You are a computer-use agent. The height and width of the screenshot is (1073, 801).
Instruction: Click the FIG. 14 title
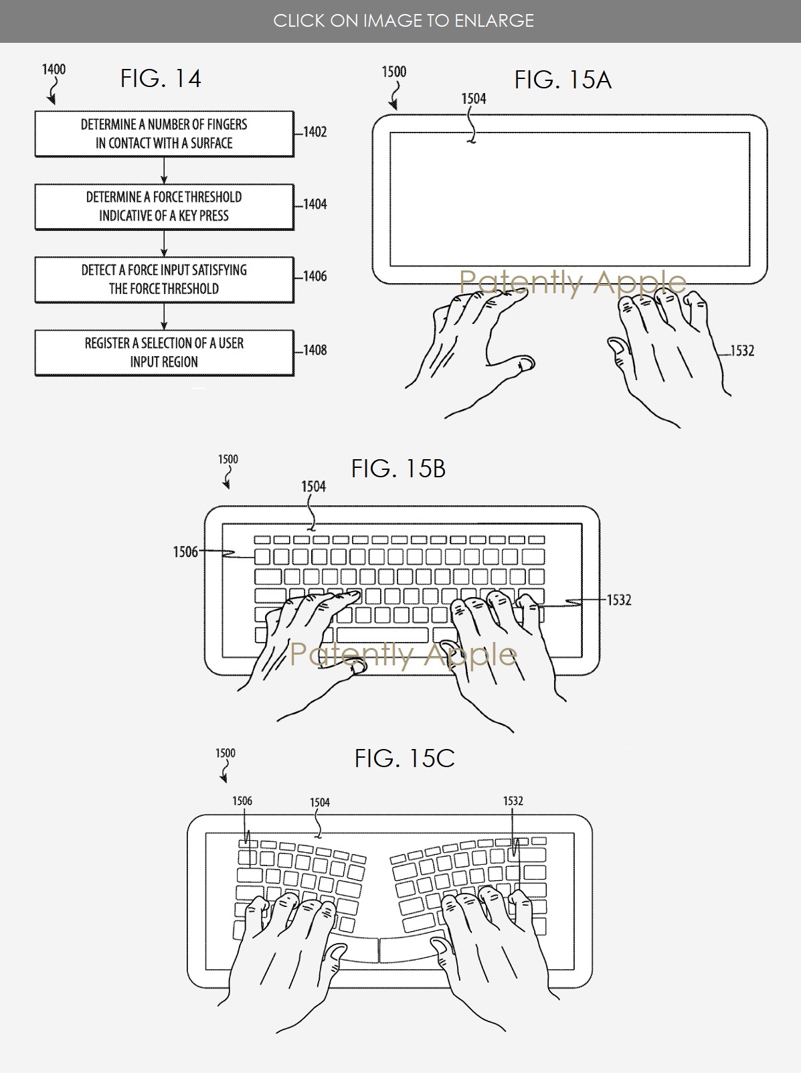(161, 79)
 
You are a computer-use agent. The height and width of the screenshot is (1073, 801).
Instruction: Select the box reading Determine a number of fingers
(164, 134)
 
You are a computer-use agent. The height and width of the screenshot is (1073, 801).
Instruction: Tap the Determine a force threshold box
(164, 207)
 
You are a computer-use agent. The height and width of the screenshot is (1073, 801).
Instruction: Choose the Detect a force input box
(164, 280)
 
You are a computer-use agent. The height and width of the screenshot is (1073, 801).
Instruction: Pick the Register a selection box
(164, 353)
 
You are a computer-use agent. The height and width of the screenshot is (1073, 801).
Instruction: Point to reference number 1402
(315, 132)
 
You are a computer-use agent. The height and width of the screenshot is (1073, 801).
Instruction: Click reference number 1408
(315, 350)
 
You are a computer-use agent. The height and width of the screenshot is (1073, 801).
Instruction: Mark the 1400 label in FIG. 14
(54, 70)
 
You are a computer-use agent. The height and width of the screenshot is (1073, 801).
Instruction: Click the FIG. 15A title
(563, 80)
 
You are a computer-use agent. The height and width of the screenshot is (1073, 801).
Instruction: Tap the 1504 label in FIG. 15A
(474, 99)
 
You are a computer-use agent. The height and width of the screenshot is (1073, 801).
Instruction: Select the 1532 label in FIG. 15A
(742, 351)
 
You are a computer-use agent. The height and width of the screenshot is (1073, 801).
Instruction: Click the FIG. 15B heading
(398, 469)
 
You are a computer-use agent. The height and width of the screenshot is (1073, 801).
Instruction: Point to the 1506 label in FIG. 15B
(185, 552)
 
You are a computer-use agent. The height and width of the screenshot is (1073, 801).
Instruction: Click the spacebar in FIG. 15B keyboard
(382, 635)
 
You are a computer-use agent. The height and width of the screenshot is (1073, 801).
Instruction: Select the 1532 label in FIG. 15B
(619, 600)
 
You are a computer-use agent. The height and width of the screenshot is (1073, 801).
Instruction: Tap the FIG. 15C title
(404, 758)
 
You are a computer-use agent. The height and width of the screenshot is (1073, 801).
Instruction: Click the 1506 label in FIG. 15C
(242, 801)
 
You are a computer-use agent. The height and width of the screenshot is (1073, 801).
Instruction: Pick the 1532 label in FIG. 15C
(513, 801)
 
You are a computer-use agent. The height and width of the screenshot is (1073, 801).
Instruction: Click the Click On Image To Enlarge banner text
(404, 21)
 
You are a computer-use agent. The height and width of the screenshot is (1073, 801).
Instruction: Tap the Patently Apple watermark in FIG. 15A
(573, 282)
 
